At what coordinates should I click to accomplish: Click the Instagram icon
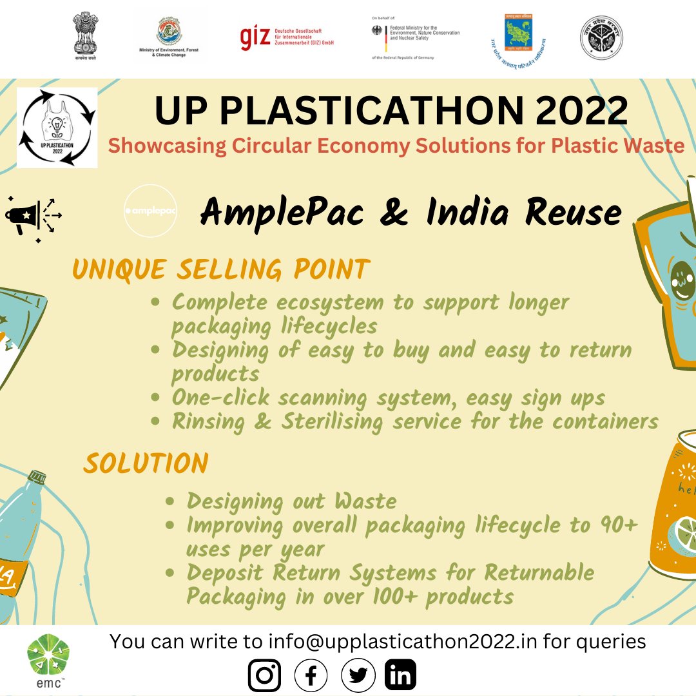264,675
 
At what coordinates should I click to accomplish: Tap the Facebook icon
311,675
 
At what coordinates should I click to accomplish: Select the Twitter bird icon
357,675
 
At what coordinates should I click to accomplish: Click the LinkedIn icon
400,675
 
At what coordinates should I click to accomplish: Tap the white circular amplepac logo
150,211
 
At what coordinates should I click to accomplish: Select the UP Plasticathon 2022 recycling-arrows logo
57,127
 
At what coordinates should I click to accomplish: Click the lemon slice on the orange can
681,535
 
